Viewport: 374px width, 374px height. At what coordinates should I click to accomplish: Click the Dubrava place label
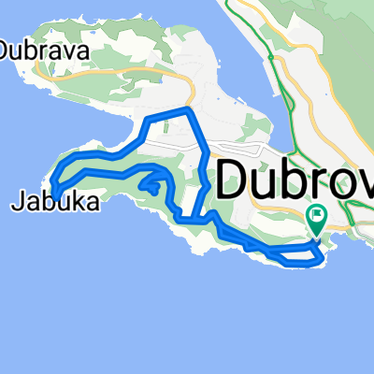(45, 51)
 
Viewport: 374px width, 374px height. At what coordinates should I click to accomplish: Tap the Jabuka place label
(55, 200)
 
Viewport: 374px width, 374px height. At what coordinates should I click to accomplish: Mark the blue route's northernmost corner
(189, 110)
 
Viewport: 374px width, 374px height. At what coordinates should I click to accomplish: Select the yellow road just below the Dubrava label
(93, 75)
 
